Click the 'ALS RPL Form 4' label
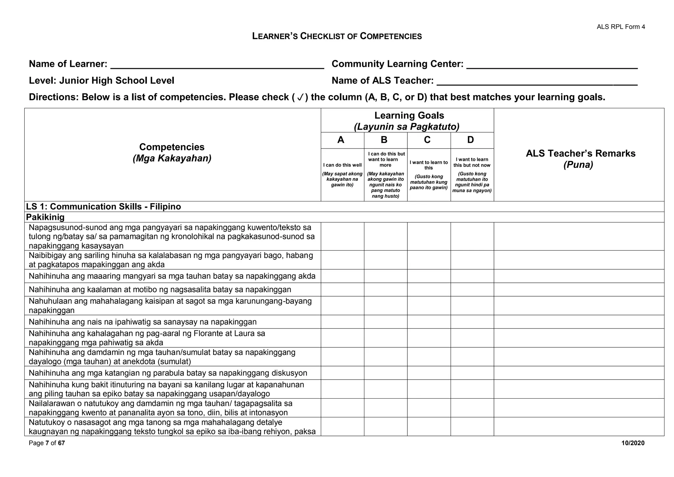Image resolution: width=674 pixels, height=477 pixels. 621,27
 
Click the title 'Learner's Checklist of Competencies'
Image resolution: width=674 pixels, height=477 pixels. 337,36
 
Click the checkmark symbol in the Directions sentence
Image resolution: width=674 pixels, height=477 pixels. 300,98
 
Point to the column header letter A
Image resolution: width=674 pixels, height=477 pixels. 341,140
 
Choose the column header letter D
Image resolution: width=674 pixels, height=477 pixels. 471,140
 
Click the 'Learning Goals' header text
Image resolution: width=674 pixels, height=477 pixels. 409,116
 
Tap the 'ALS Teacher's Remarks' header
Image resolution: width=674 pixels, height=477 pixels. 581,153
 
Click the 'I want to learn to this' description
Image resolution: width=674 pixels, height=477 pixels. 428,165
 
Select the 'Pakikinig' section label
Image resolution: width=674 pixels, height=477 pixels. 45,217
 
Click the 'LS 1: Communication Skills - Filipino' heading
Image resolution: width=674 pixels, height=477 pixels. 103,207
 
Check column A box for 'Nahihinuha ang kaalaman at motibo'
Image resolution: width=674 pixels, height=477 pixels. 342,290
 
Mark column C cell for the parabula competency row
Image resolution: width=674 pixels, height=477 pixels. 429,373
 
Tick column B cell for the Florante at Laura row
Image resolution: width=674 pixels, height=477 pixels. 385,338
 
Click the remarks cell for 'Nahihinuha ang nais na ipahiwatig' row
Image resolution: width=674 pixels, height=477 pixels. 579,322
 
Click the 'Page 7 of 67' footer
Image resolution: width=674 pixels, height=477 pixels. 47,443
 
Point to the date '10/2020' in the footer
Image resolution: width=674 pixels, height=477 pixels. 633,443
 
